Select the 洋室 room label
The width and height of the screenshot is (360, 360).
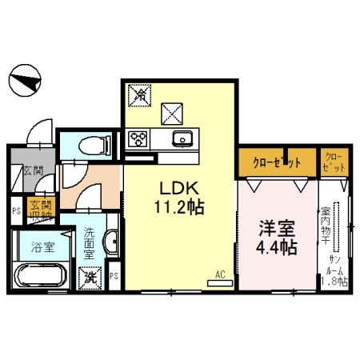click(x=274, y=226)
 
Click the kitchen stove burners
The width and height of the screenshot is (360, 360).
click(x=138, y=138)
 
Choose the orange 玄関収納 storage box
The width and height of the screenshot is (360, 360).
click(x=38, y=209)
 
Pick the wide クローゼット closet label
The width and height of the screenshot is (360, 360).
click(x=277, y=162)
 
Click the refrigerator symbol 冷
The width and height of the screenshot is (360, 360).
click(x=140, y=95)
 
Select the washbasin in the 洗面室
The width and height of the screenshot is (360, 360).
click(x=111, y=241)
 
